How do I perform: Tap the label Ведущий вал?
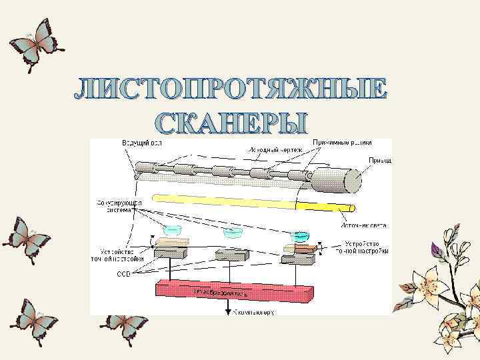pyautogui.click(x=141, y=143)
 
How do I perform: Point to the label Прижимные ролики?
pyautogui.click(x=351, y=143)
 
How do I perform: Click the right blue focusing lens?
pyautogui.click(x=299, y=236)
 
